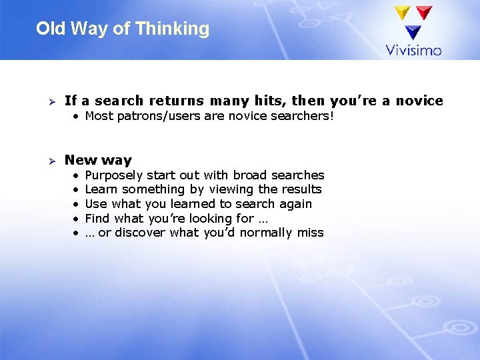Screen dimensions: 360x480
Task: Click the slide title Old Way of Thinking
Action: (x=123, y=29)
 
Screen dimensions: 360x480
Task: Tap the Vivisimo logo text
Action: (x=413, y=49)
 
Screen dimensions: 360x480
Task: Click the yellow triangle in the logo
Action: (x=402, y=13)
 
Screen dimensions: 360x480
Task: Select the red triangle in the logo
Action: (x=423, y=13)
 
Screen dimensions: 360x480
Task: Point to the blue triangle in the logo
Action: (x=413, y=31)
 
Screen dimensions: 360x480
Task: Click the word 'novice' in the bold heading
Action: (x=419, y=101)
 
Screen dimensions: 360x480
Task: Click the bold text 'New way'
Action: (x=98, y=160)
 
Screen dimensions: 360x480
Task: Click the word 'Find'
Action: (x=98, y=219)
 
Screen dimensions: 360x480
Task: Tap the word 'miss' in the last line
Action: (x=310, y=233)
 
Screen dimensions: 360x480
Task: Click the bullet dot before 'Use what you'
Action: (x=77, y=204)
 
